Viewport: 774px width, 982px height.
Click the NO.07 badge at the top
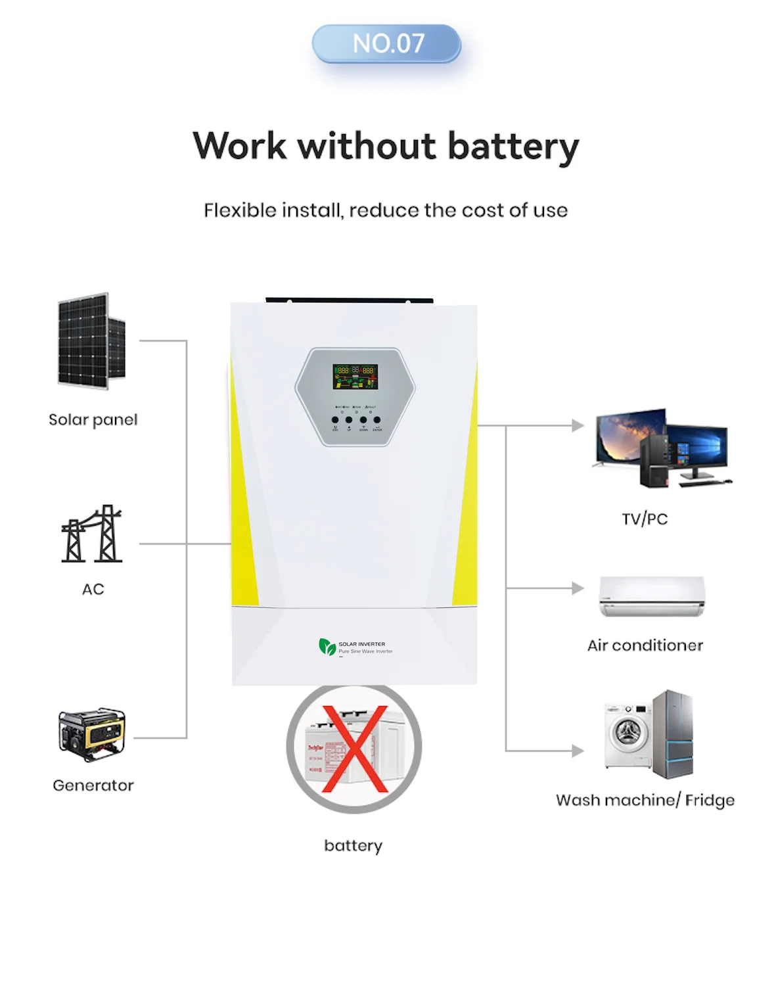[x=386, y=44]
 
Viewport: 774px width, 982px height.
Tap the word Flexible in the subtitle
[x=240, y=210]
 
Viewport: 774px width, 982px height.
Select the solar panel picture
[x=91, y=341]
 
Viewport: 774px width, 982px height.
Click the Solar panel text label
[x=93, y=420]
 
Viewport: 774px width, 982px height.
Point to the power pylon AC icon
[x=92, y=534]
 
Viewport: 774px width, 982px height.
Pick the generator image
[x=92, y=734]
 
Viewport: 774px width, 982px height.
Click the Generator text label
[x=93, y=785]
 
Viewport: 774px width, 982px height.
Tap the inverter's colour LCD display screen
[x=355, y=376]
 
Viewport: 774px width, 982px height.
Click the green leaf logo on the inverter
[x=327, y=647]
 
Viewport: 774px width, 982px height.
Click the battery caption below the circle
[x=353, y=845]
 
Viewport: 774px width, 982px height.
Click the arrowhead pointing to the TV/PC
[x=578, y=425]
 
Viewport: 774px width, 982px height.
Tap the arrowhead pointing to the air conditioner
[x=578, y=588]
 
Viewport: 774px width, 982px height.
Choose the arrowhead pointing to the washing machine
[x=578, y=751]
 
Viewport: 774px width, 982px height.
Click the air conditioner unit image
[x=651, y=596]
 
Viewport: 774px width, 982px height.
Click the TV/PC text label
[x=645, y=519]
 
